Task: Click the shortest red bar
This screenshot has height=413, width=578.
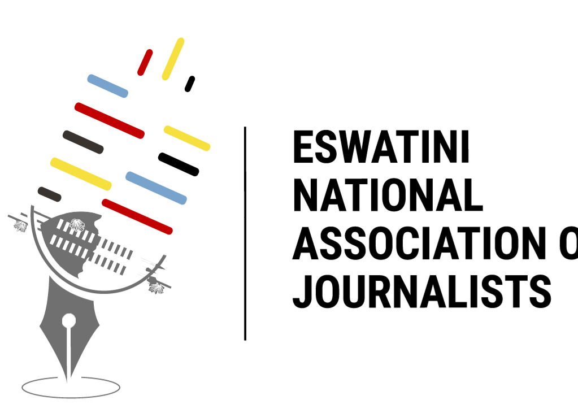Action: pyautogui.click(x=145, y=62)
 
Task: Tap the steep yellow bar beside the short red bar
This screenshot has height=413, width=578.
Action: pyautogui.click(x=173, y=59)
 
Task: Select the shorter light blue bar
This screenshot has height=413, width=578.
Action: pyautogui.click(x=107, y=86)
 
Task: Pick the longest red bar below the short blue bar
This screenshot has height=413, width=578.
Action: pyautogui.click(x=109, y=120)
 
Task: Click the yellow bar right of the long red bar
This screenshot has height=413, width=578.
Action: pyautogui.click(x=186, y=138)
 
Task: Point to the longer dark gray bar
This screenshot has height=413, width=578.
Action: pyautogui.click(x=83, y=142)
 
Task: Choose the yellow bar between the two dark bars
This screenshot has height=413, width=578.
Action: pyautogui.click(x=81, y=174)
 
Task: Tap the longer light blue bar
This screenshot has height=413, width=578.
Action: pyautogui.click(x=156, y=188)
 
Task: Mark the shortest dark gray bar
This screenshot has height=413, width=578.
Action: pyautogui.click(x=49, y=194)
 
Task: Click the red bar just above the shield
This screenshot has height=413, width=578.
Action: pyautogui.click(x=137, y=216)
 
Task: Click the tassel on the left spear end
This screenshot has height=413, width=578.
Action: pyautogui.click(x=21, y=226)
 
